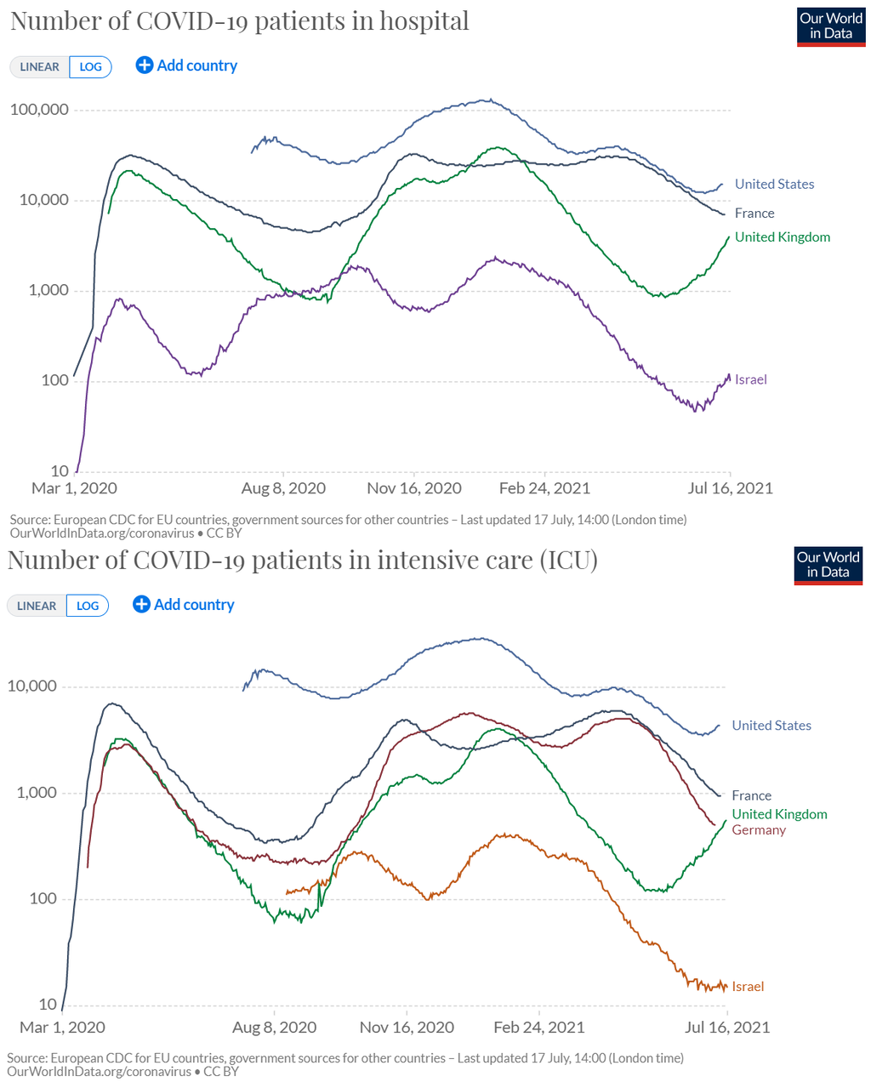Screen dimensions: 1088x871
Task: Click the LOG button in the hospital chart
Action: [91, 67]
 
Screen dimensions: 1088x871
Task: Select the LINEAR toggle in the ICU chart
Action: [37, 606]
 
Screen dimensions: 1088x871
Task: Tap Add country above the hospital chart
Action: [187, 66]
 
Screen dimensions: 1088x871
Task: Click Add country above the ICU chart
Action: [184, 605]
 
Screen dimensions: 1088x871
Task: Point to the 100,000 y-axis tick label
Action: [39, 110]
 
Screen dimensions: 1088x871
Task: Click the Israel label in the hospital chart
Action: [750, 379]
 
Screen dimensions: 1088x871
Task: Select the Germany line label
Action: [759, 830]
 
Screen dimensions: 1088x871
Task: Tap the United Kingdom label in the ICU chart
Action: [779, 814]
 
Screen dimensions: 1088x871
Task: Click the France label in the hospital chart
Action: [754, 214]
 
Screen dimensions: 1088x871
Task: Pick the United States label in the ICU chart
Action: [771, 726]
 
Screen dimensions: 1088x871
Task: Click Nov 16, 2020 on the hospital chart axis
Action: [414, 488]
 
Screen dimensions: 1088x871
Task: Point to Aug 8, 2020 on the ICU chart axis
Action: [274, 1028]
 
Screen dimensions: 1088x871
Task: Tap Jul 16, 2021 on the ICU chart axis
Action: [727, 1028]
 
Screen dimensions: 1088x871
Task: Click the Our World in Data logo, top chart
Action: [831, 26]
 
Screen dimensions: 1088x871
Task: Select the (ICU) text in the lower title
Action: [568, 560]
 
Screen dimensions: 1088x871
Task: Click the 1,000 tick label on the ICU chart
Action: [37, 793]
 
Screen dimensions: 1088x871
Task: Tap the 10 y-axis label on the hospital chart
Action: [60, 471]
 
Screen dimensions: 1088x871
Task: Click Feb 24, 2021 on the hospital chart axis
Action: [544, 488]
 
